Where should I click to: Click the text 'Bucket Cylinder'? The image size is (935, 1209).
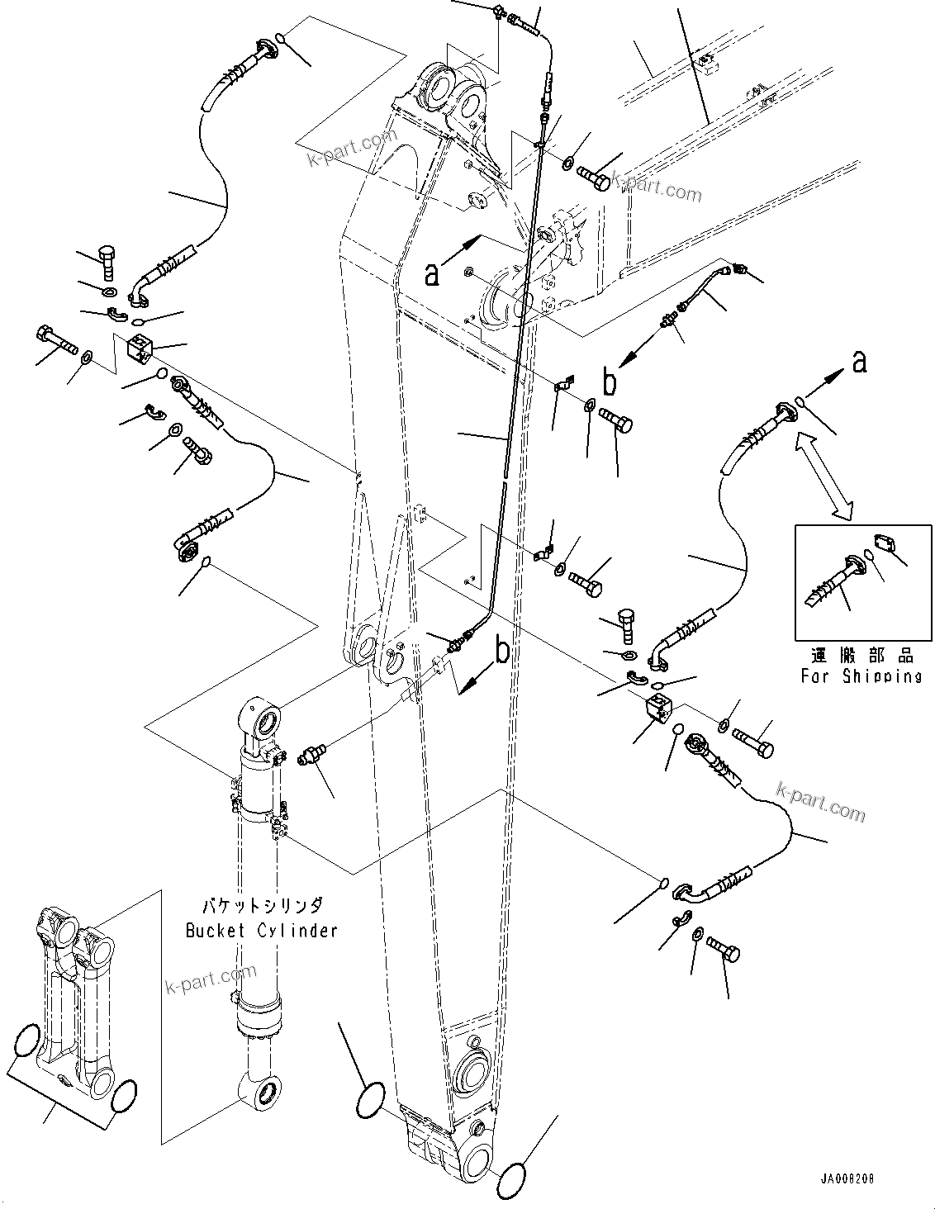[261, 931]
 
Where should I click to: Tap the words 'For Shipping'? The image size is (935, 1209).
[861, 676]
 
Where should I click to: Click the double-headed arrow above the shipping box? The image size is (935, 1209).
[825, 479]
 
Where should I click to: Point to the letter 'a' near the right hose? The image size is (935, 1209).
[859, 362]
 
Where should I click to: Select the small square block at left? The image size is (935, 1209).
[139, 350]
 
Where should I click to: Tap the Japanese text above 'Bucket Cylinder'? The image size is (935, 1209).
[261, 907]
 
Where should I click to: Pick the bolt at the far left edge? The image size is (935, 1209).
[55, 339]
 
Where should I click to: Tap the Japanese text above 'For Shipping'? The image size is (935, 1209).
[861, 657]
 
